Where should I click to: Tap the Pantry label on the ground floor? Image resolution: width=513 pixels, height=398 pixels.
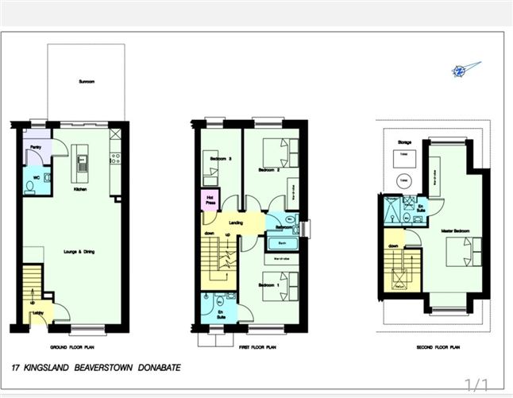36,148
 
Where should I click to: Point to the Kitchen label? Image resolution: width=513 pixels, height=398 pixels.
79,191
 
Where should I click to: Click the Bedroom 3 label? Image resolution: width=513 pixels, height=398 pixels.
220,159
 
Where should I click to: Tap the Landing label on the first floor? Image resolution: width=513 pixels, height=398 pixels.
236,223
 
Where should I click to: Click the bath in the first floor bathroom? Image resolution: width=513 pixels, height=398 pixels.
281,245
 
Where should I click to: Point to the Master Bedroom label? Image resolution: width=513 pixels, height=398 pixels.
457,231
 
